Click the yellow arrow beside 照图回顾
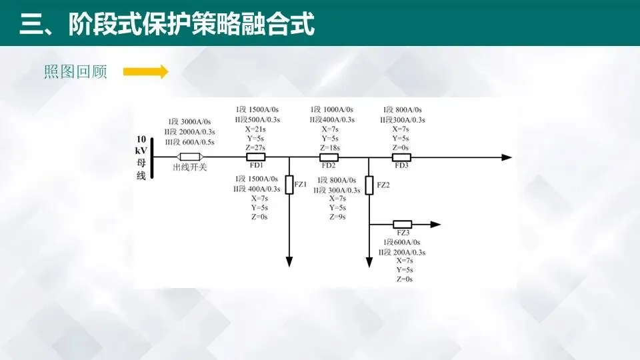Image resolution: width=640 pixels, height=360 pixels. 146,72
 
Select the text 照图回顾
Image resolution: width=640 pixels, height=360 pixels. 75,72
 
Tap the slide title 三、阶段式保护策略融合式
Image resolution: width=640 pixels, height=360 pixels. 167,25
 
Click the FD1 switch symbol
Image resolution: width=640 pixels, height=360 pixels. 257,157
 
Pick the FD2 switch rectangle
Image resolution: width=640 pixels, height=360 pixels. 329,157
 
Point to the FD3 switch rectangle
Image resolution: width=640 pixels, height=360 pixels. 401,157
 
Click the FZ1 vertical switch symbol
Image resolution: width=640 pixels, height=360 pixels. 289,185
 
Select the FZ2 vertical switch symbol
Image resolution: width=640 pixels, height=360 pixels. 369,185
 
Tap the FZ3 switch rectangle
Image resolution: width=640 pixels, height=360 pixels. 402,224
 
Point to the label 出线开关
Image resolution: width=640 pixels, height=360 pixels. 190,167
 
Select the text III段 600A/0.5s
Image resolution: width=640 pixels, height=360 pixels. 189,142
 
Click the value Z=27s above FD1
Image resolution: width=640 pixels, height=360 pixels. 255,147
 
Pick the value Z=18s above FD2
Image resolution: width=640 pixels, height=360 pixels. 330,147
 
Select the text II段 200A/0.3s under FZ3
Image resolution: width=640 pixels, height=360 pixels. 402,252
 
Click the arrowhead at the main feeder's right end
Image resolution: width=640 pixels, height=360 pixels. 507,157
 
